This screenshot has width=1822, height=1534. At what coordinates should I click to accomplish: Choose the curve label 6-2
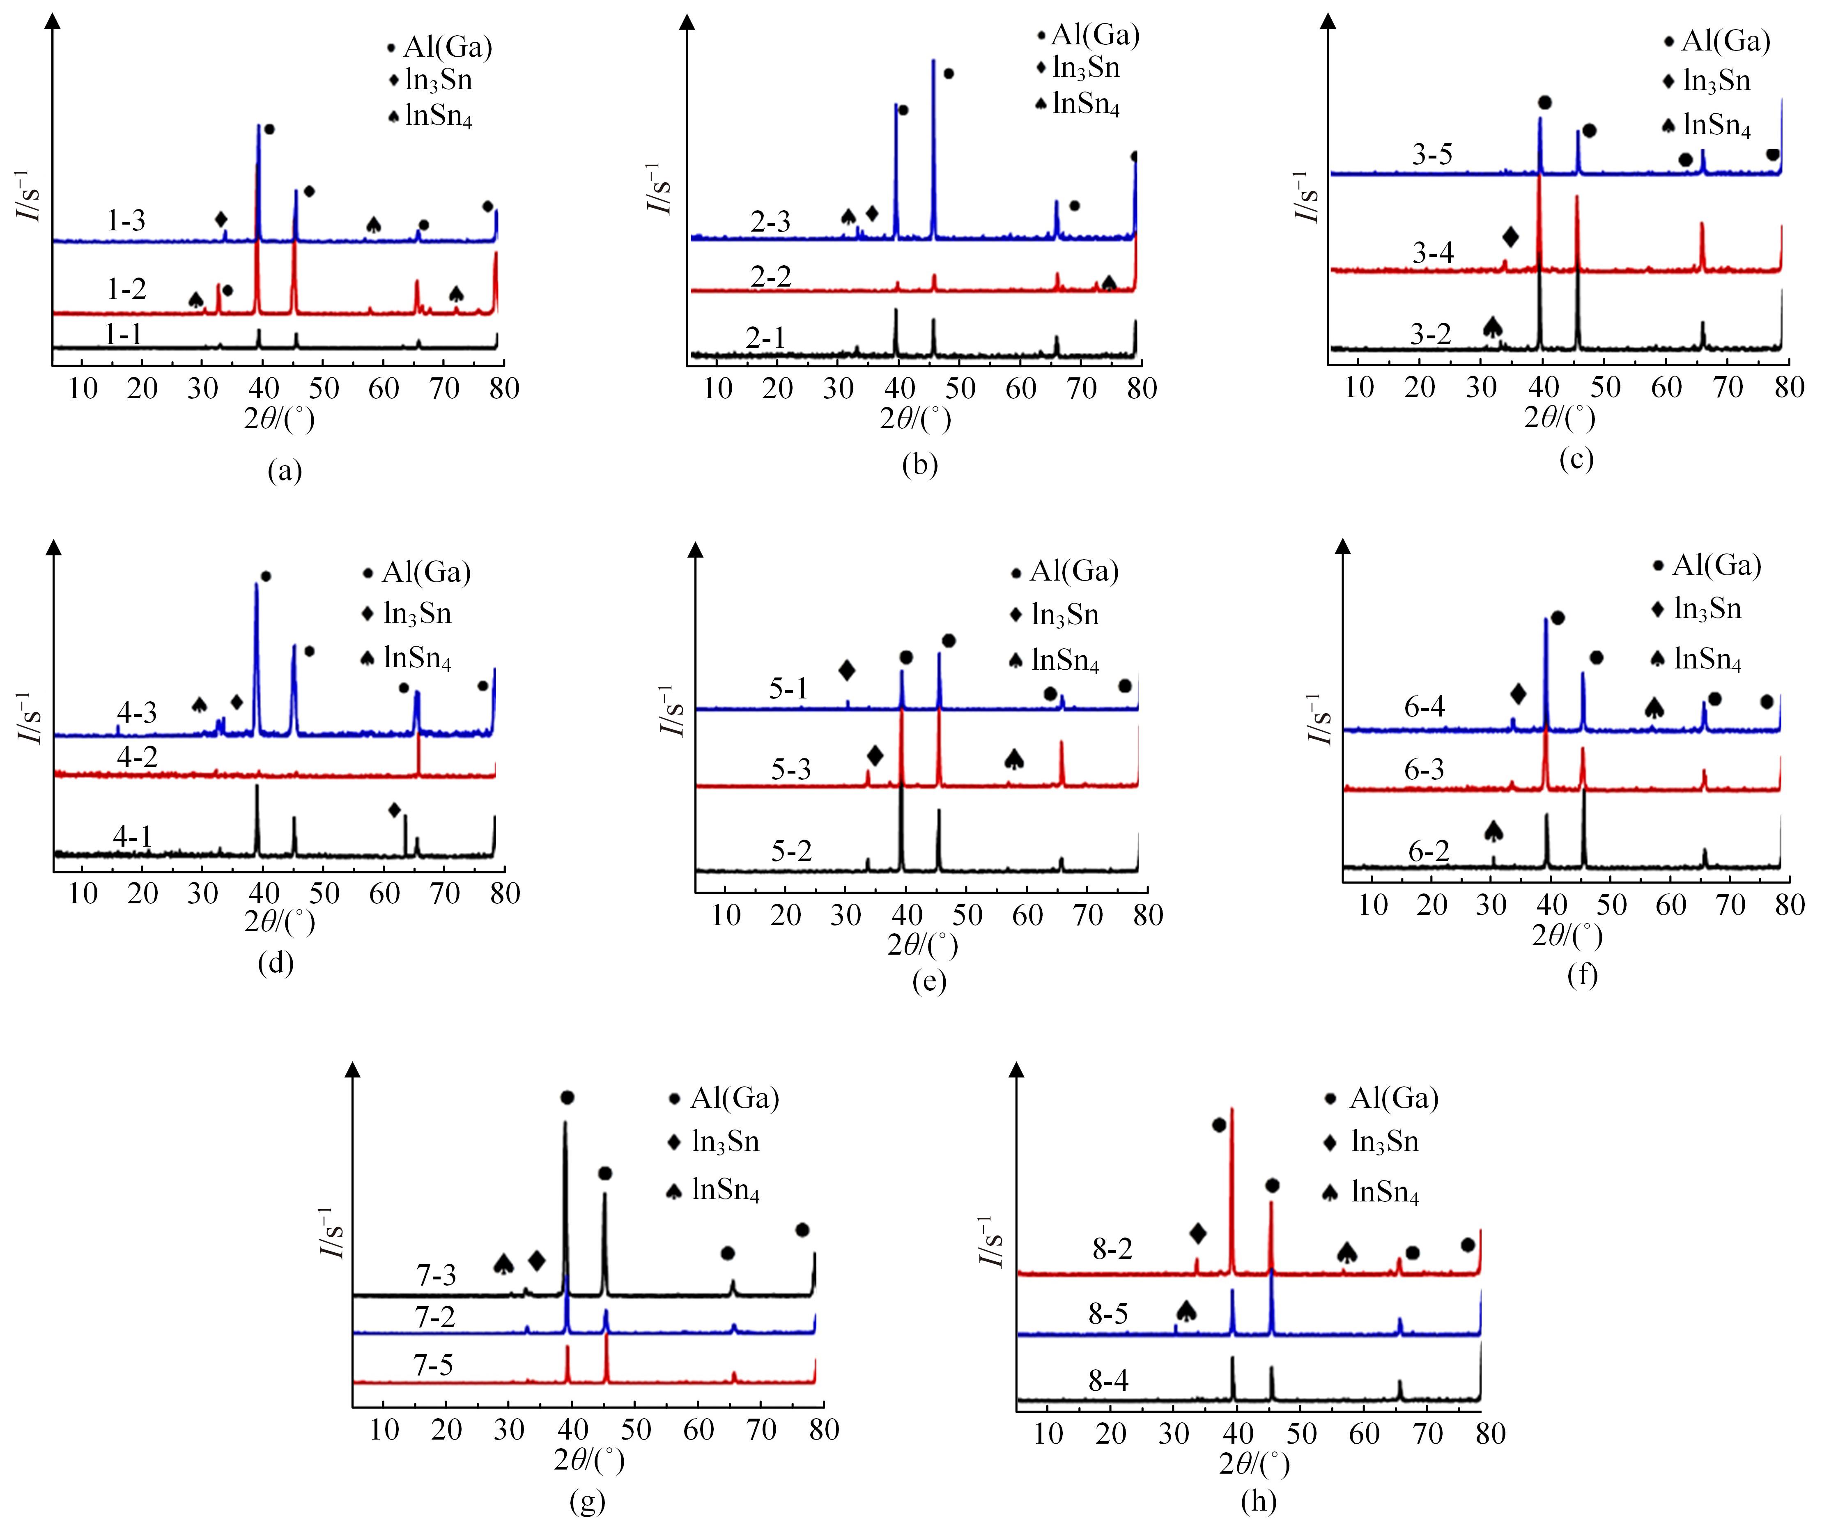(x=1429, y=851)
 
